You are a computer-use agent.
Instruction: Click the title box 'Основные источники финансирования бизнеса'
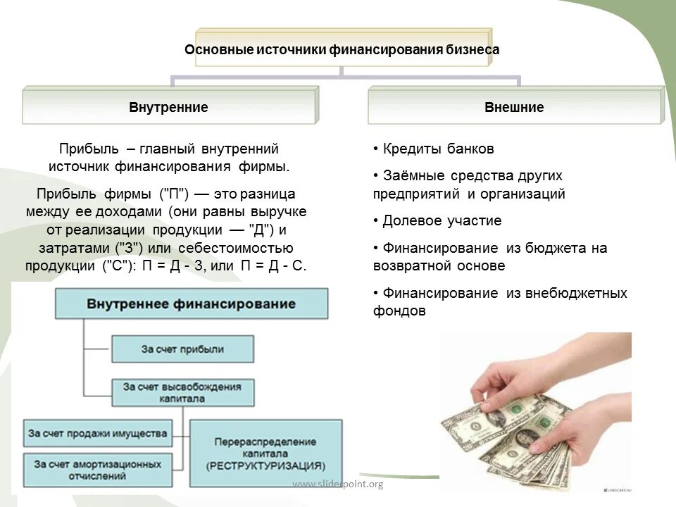(342, 50)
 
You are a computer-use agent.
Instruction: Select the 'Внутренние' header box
(168, 108)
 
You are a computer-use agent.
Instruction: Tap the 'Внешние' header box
(514, 108)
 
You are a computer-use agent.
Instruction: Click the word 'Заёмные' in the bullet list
(411, 175)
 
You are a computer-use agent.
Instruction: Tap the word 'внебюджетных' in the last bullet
(576, 293)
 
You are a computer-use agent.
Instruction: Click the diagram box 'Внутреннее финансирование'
(191, 303)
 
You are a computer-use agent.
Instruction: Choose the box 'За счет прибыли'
(182, 349)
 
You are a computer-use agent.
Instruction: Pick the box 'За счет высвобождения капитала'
(182, 392)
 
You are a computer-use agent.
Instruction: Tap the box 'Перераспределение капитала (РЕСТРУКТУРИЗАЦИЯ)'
(265, 453)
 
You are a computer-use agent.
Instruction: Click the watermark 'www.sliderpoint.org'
(337, 484)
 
